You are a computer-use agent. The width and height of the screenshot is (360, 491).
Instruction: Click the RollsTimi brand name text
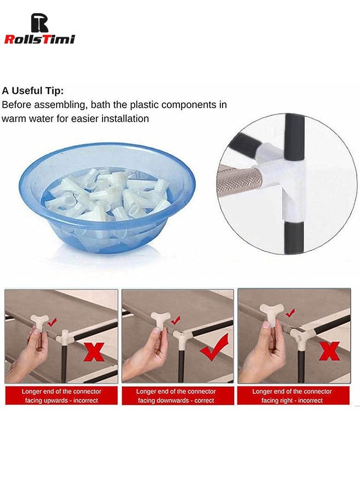[39, 39]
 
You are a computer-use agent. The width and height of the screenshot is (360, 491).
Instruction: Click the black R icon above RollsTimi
[39, 22]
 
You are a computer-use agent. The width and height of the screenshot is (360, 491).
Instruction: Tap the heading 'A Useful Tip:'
[33, 91]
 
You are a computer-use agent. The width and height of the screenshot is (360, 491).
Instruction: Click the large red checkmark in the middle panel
[215, 348]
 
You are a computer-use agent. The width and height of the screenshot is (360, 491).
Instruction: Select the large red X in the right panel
[329, 350]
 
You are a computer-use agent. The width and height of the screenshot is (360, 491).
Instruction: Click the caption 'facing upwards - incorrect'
[62, 400]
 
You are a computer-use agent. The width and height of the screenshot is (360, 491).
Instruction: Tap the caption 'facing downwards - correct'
[176, 400]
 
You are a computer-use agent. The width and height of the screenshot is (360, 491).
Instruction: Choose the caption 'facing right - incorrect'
[292, 400]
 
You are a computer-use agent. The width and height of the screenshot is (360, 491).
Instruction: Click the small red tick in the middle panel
[176, 320]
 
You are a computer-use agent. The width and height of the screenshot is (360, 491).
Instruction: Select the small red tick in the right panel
[291, 312]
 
